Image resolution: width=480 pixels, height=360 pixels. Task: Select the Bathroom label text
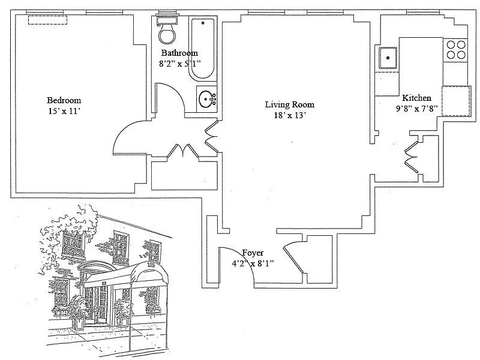click(x=179, y=53)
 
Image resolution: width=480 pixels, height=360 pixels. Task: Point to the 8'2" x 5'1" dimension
click(x=179, y=63)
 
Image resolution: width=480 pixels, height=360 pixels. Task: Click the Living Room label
click(x=289, y=104)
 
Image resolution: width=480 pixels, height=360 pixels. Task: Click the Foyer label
click(x=253, y=253)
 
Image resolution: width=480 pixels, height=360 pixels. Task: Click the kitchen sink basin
click(x=387, y=58)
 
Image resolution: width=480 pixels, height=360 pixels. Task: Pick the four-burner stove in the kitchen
click(x=455, y=49)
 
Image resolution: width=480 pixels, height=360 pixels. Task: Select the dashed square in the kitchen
click(x=456, y=101)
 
